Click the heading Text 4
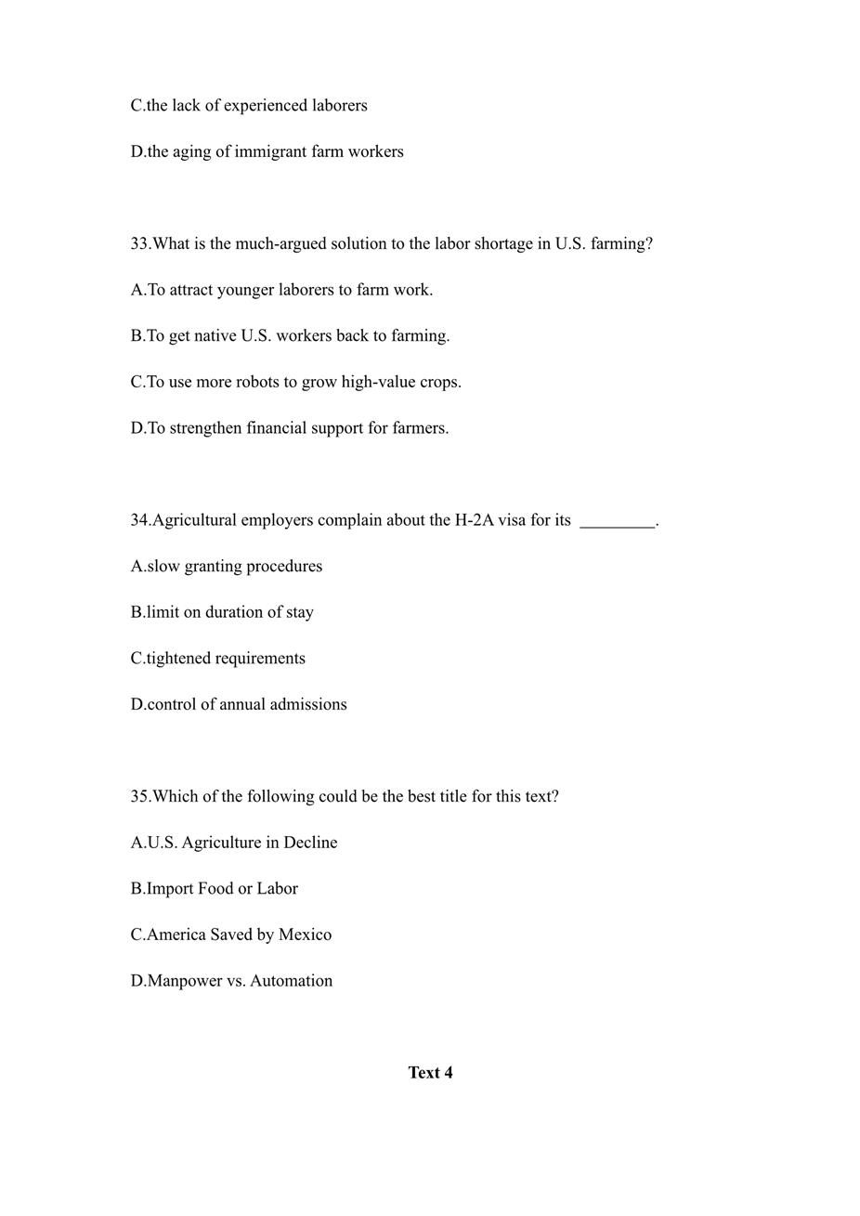[x=430, y=1073]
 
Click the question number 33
[x=139, y=244]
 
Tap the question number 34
[x=139, y=520]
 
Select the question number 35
[x=139, y=797]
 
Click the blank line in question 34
[x=617, y=522]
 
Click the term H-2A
[x=474, y=520]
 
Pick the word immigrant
[x=270, y=151]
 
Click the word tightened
[x=178, y=659]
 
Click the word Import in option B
[x=170, y=889]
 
